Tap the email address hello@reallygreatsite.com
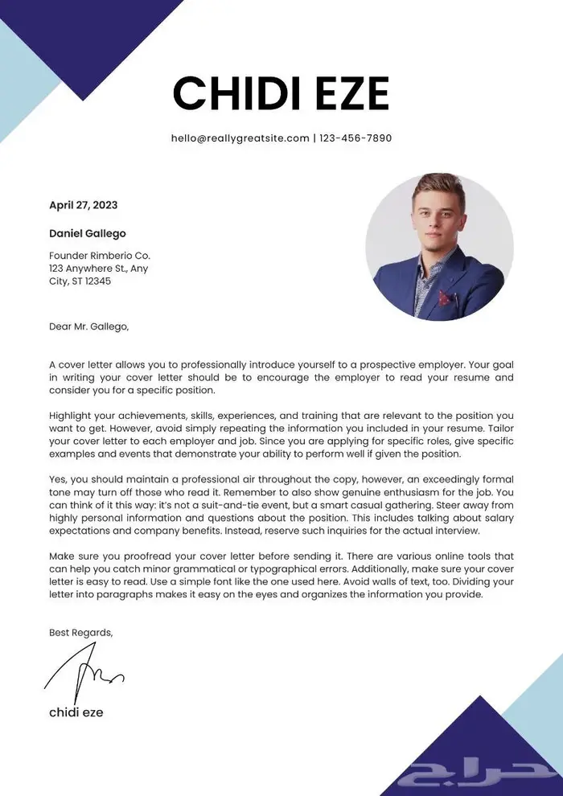(240, 138)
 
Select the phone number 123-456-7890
(355, 138)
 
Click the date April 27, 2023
(83, 205)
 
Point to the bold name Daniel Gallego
(88, 234)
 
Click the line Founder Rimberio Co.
(100, 256)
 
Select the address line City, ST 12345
(80, 281)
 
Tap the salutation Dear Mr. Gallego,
(88, 326)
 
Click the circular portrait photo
(439, 245)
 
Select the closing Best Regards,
(81, 633)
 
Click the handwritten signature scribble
(84, 672)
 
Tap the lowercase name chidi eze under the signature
(76, 712)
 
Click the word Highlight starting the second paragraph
(71, 416)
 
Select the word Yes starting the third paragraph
(58, 479)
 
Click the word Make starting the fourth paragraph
(62, 556)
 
